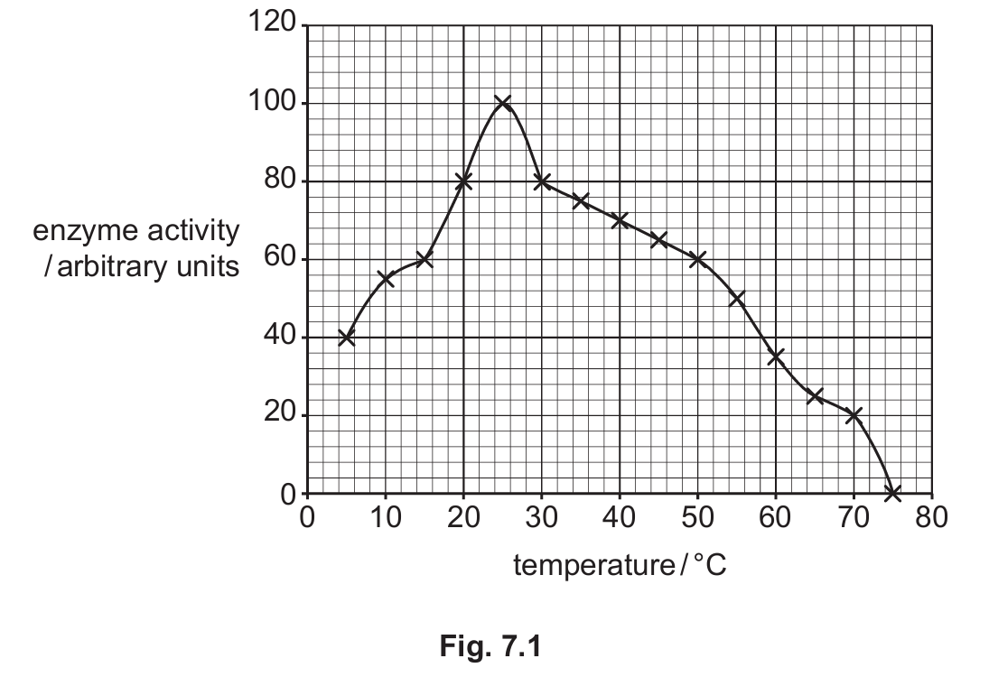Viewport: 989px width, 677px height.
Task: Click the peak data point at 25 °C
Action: (x=503, y=104)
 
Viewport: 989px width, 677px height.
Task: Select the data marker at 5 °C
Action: (x=346, y=338)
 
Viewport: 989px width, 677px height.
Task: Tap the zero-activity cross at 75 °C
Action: (x=892, y=493)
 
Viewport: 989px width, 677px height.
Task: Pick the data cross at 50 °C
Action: (x=697, y=259)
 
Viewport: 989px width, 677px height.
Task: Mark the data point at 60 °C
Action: (x=776, y=357)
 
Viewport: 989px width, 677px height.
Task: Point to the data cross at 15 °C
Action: (x=425, y=259)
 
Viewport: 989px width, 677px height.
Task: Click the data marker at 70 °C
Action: (x=854, y=415)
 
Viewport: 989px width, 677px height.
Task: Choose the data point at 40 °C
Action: (x=620, y=220)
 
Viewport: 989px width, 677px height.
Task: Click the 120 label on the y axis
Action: (x=273, y=23)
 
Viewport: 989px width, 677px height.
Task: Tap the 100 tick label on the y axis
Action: (x=273, y=101)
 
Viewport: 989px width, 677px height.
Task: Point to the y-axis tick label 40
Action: (x=280, y=336)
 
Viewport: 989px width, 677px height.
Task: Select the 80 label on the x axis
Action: (x=931, y=517)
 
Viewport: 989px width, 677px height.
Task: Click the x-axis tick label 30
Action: (x=541, y=517)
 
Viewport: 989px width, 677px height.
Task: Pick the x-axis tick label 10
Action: (x=385, y=517)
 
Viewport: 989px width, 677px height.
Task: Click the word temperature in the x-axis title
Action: (x=594, y=565)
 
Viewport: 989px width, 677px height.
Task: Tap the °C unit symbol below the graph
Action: (x=710, y=564)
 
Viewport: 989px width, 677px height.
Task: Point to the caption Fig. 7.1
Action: (x=490, y=646)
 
